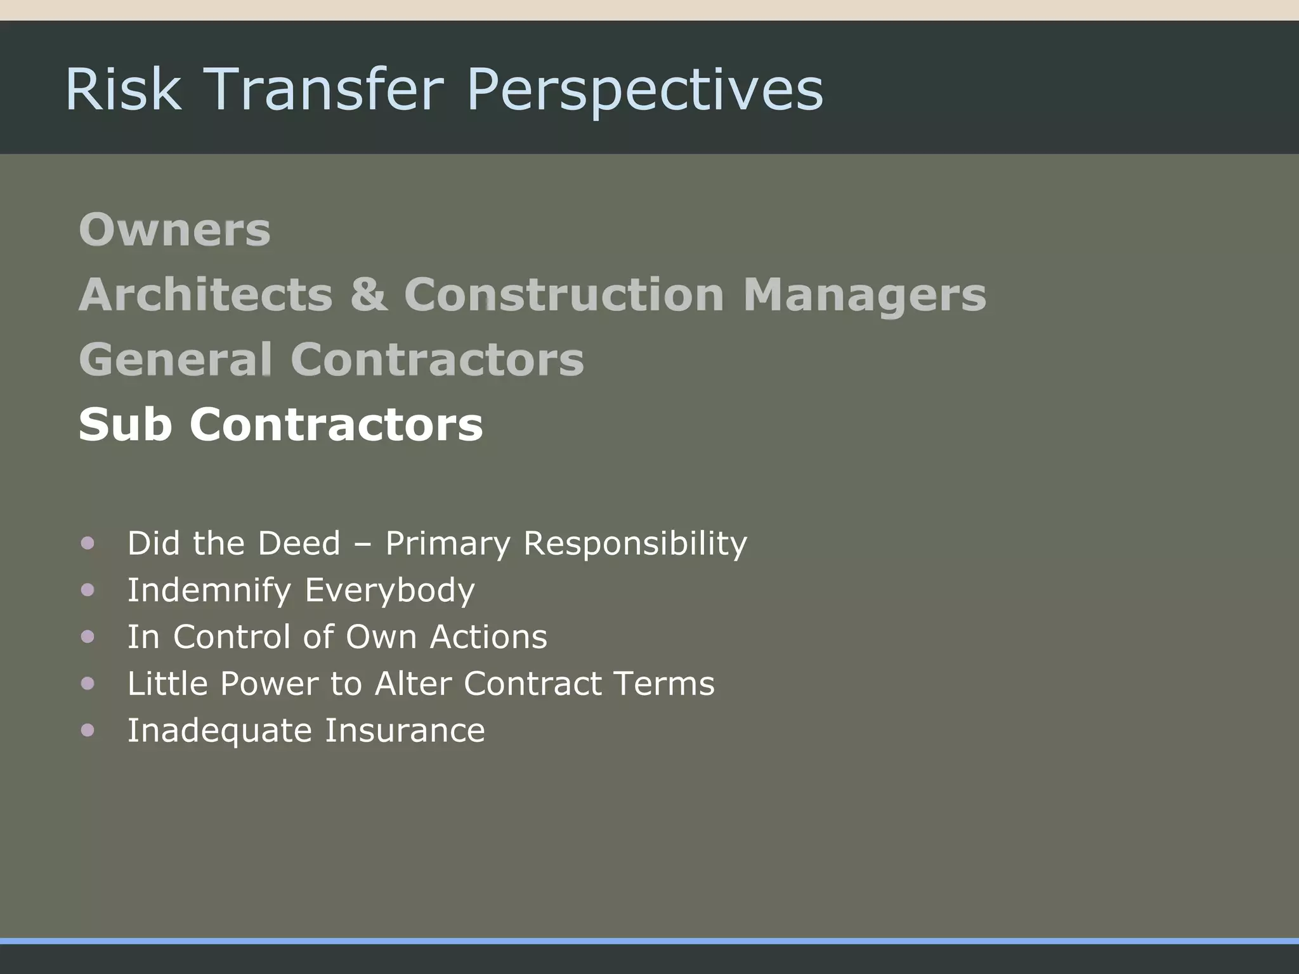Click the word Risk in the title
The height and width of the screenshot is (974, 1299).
point(123,89)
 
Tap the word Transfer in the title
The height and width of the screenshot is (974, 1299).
point(324,89)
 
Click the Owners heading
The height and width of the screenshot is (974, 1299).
point(174,230)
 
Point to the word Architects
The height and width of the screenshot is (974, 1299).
point(206,295)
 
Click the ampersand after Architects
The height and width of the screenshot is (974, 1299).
point(368,295)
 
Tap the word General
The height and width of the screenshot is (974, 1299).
point(176,360)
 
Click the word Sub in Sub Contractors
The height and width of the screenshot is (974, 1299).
point(125,424)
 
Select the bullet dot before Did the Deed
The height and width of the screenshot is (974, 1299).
point(88,543)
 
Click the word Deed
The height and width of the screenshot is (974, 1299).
point(299,543)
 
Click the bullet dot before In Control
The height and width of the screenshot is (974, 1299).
point(88,636)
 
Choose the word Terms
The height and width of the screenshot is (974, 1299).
point(664,684)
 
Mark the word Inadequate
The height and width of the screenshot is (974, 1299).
point(219,731)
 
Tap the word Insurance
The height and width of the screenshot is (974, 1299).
point(405,730)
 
